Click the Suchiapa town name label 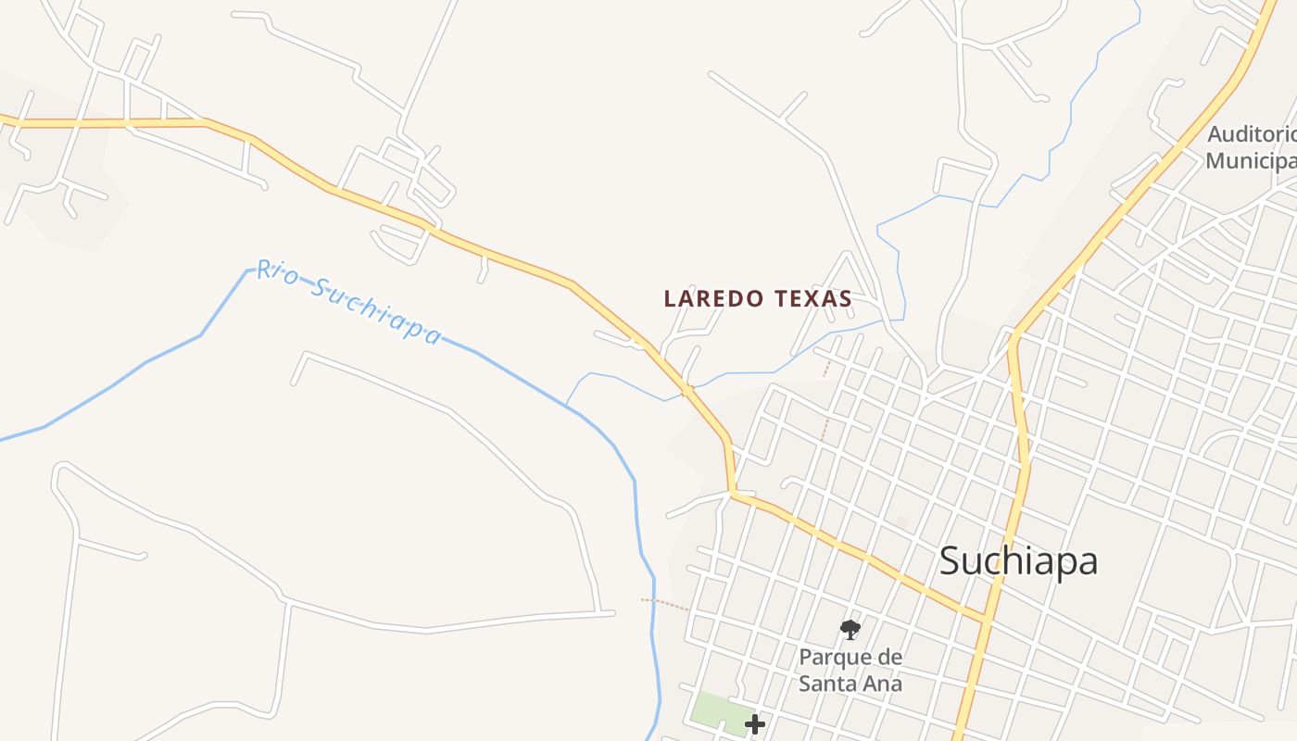click(1018, 561)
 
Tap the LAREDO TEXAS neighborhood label click(757, 298)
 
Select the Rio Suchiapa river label click(348, 301)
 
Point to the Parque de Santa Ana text click(850, 671)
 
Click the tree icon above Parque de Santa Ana click(850, 631)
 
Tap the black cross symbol click(755, 724)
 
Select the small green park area click(717, 710)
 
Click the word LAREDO click(713, 298)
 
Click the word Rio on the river click(275, 272)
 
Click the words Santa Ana click(850, 684)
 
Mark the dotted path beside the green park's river click(665, 605)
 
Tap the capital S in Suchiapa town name click(950, 560)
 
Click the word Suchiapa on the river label click(374, 311)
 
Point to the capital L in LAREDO click(670, 298)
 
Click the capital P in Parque click(805, 658)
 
